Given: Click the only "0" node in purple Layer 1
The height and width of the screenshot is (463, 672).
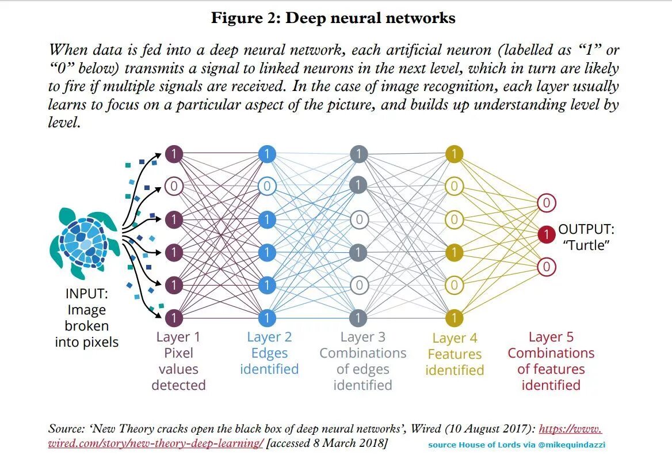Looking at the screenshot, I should point(174,186).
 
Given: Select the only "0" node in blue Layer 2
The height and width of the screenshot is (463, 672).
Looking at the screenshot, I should point(267,186).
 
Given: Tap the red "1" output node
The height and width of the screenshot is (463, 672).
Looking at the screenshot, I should point(546,234).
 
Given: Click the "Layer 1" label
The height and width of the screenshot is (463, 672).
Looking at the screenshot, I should point(178,337).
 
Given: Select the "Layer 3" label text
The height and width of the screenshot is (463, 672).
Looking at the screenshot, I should point(362,337).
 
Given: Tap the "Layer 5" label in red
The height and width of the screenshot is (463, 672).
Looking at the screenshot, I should point(551,337).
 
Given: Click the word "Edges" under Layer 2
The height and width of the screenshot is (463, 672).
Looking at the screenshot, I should point(269,353).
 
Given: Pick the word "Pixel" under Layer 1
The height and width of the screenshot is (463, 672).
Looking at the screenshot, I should point(178,353).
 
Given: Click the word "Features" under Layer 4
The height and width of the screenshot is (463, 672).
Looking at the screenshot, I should point(455,354).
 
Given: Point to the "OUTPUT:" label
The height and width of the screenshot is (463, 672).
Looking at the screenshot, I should point(586,229).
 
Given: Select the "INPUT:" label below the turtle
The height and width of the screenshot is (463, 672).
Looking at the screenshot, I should point(86,294).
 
